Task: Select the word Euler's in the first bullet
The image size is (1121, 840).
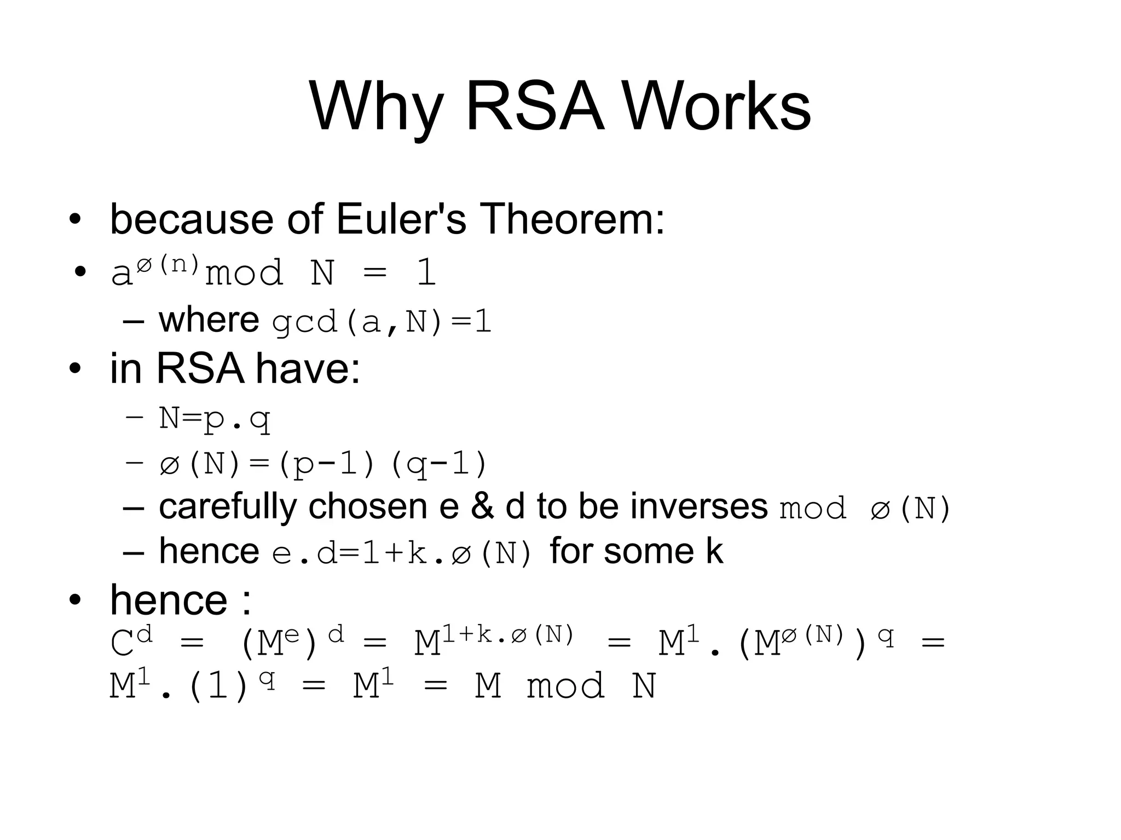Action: pyautogui.click(x=401, y=219)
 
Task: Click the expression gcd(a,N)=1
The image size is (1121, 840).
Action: pyautogui.click(x=382, y=322)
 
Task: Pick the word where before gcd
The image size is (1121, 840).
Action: pyautogui.click(x=209, y=320)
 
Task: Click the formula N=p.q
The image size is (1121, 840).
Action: pyautogui.click(x=215, y=419)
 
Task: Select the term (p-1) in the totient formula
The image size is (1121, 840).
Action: pyautogui.click(x=326, y=464)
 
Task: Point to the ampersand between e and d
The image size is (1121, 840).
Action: pyautogui.click(x=482, y=506)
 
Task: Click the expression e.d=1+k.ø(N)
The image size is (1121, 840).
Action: pyautogui.click(x=402, y=553)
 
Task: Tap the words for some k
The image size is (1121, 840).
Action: pyautogui.click(x=636, y=551)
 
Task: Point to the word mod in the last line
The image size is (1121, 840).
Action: pyautogui.click(x=565, y=686)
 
